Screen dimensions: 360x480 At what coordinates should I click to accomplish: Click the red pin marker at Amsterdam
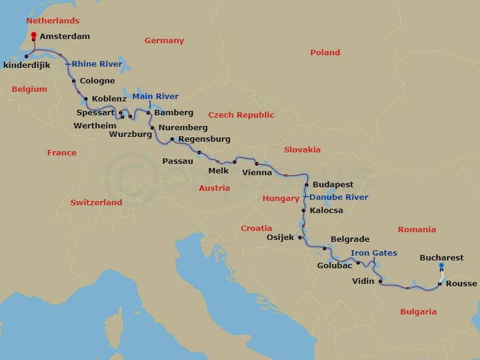click(33, 36)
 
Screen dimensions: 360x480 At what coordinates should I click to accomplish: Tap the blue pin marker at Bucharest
click(441, 266)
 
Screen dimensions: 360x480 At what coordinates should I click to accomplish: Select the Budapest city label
click(333, 185)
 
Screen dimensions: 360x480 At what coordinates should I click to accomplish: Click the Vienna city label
click(257, 173)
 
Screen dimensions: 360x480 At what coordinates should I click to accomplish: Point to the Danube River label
click(339, 197)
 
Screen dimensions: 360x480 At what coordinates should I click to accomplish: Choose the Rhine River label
click(97, 64)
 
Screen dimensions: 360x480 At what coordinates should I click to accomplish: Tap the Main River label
click(155, 96)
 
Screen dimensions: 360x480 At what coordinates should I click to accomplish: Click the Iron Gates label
click(374, 253)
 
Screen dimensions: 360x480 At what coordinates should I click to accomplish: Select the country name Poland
click(325, 53)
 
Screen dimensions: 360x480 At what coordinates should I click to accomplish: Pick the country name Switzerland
click(96, 202)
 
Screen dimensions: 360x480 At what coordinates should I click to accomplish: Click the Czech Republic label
click(241, 115)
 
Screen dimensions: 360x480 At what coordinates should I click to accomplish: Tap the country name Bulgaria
click(418, 311)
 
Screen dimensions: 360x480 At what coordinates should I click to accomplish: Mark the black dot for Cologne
click(73, 81)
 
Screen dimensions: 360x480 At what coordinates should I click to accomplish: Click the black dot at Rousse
click(440, 284)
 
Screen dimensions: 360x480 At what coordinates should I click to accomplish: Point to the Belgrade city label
click(350, 239)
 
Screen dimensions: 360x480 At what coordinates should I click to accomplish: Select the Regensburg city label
click(205, 139)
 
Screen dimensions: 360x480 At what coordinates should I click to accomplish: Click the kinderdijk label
click(26, 65)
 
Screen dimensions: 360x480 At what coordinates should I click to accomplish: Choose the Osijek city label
click(280, 237)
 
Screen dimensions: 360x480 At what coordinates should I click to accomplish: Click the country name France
click(62, 152)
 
